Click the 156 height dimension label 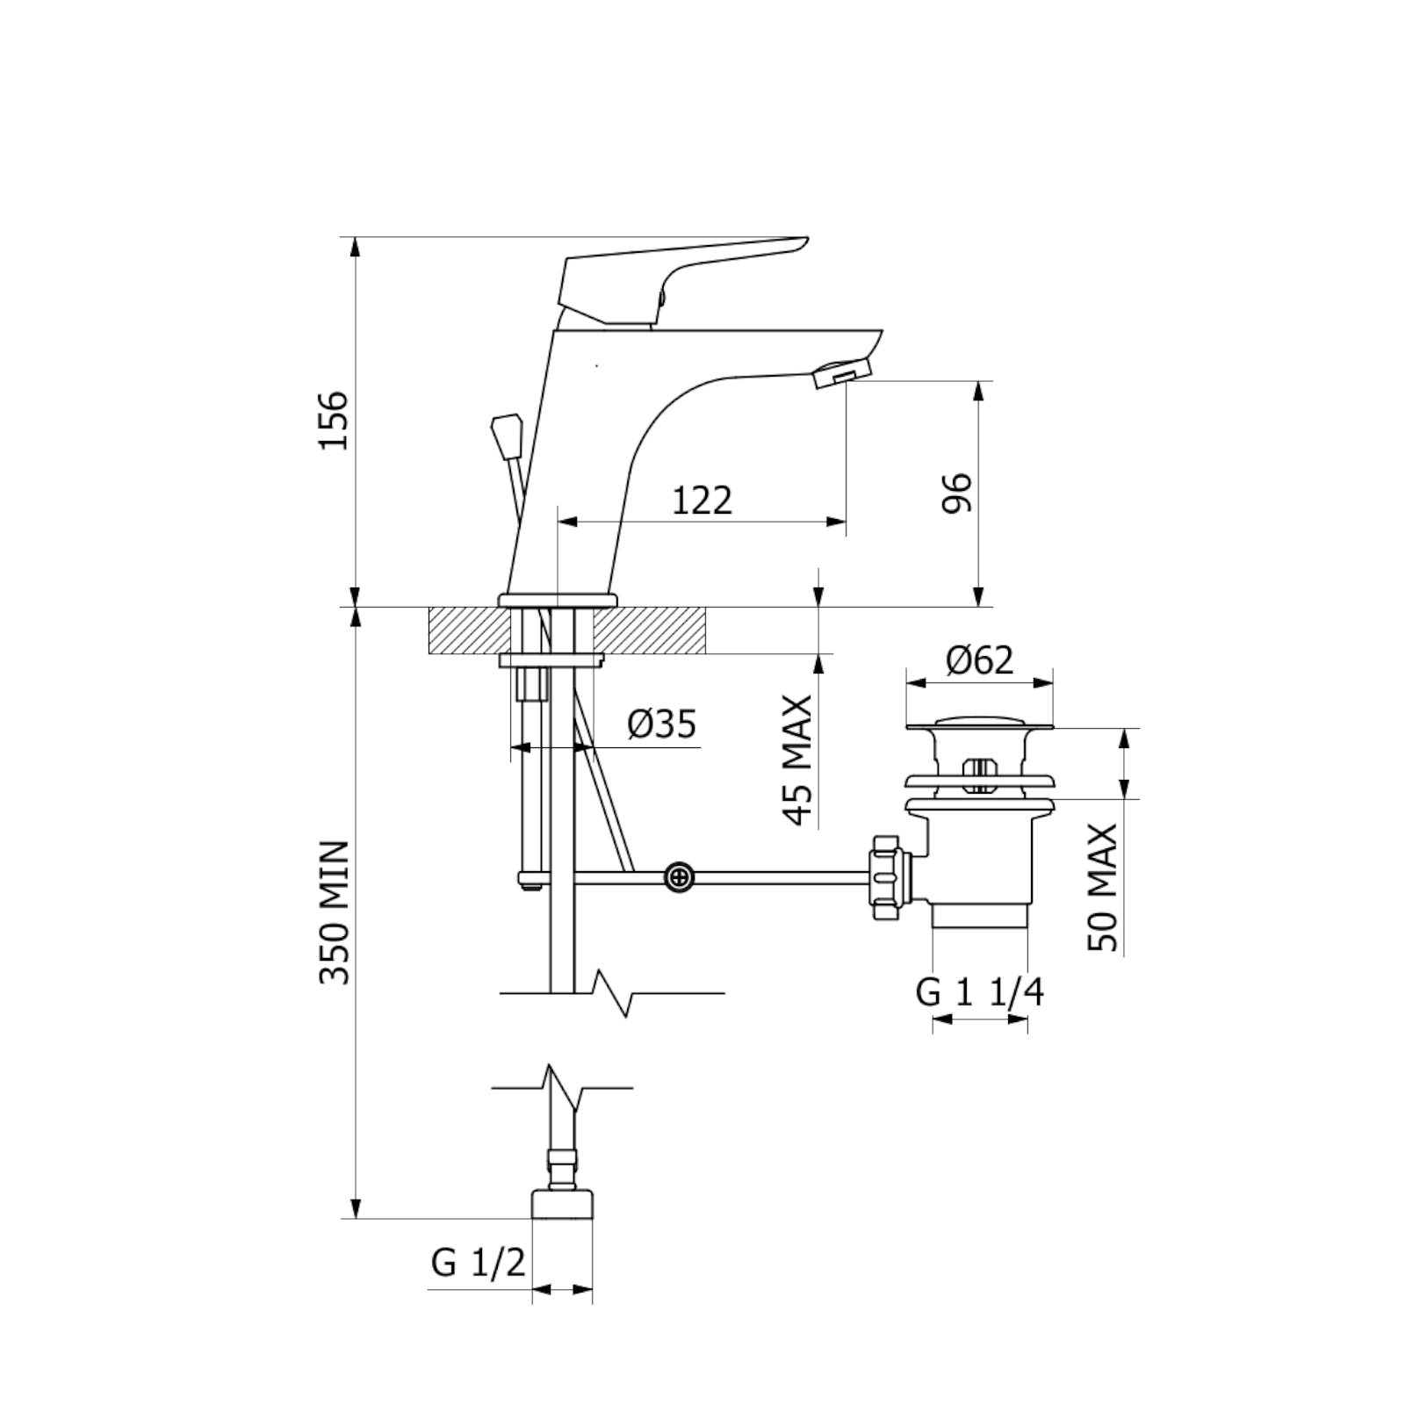click(334, 421)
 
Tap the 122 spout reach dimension click(702, 501)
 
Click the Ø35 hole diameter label click(661, 724)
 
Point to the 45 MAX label click(797, 760)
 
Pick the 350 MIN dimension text click(334, 913)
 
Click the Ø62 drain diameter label click(979, 659)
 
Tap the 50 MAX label click(1103, 887)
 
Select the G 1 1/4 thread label click(979, 993)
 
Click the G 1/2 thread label click(478, 1263)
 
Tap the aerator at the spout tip click(841, 374)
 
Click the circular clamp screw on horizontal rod click(679, 876)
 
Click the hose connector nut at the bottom click(562, 1203)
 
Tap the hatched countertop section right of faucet click(650, 630)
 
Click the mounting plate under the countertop click(551, 660)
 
